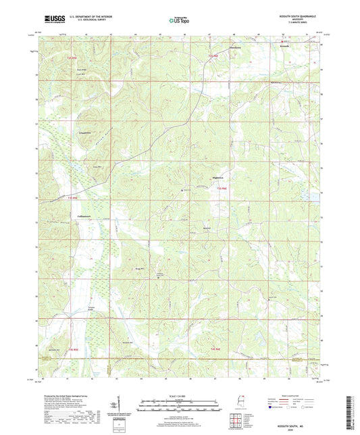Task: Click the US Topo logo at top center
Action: (179, 21)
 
